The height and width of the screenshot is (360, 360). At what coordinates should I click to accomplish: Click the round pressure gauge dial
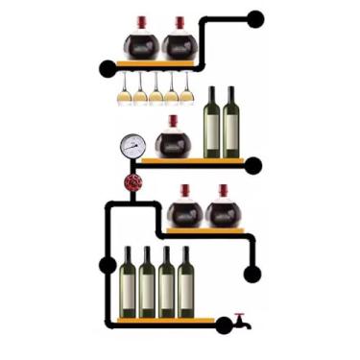[132, 147]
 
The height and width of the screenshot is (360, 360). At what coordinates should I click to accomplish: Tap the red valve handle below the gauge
[132, 182]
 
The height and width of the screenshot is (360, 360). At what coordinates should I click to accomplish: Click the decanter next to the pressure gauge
[173, 140]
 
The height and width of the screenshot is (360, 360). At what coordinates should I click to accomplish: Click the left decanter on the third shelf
[184, 209]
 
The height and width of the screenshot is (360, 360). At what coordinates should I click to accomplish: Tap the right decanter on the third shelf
[222, 209]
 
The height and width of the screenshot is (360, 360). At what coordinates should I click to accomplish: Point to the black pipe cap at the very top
[255, 18]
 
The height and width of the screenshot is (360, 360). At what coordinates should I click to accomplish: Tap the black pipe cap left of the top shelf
[108, 68]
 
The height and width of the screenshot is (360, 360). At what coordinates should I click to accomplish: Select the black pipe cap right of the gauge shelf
[253, 166]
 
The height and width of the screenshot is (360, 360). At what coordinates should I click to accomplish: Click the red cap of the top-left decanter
[141, 22]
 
